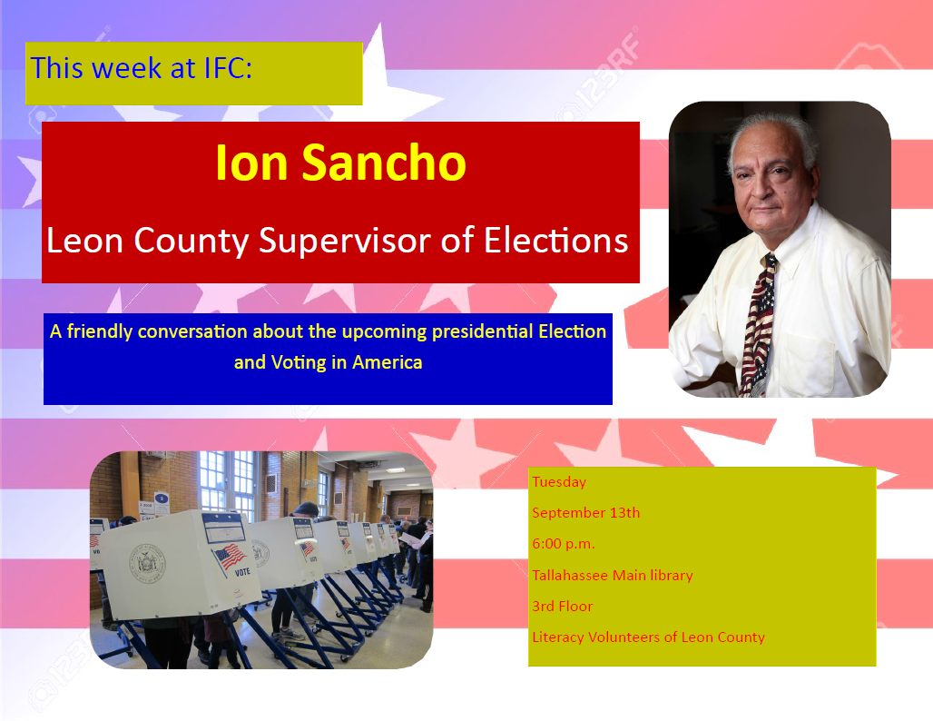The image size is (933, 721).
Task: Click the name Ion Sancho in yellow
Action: tap(340, 162)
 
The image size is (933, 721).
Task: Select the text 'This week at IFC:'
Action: tap(141, 68)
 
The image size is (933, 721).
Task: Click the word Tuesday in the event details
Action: tap(559, 481)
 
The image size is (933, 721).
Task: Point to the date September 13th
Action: tap(586, 513)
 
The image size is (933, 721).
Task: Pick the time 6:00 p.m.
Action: tap(564, 544)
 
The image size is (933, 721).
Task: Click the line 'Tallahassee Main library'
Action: tap(613, 575)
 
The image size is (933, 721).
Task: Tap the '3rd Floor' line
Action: tap(563, 606)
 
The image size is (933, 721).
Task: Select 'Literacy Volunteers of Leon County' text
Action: tap(649, 637)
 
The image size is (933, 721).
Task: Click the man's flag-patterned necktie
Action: tap(759, 324)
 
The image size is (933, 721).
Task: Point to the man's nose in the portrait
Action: tap(763, 187)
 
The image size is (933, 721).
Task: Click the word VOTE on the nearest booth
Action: tap(242, 572)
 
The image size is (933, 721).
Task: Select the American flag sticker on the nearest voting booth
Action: tap(229, 558)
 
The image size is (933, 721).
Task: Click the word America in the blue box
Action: tap(388, 362)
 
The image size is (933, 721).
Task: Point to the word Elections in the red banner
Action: tap(555, 241)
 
